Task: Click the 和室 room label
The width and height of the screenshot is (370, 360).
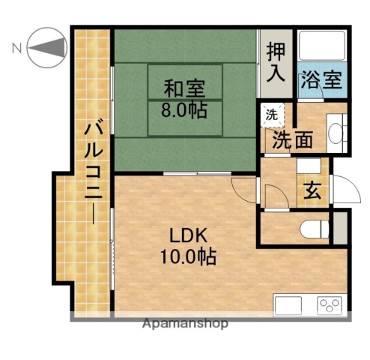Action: [x=184, y=88]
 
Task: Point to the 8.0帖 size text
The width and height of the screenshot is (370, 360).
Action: [x=184, y=109]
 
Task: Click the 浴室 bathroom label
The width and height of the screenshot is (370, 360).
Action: [x=321, y=80]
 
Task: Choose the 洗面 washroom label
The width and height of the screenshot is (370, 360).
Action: [x=293, y=139]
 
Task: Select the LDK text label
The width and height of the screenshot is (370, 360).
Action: [x=186, y=232]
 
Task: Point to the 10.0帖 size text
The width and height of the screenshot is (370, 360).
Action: [x=186, y=256]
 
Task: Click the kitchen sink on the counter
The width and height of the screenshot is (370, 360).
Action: [x=288, y=305]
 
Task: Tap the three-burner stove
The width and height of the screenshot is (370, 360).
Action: [x=330, y=305]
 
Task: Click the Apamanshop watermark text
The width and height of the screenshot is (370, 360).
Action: [x=184, y=324]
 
